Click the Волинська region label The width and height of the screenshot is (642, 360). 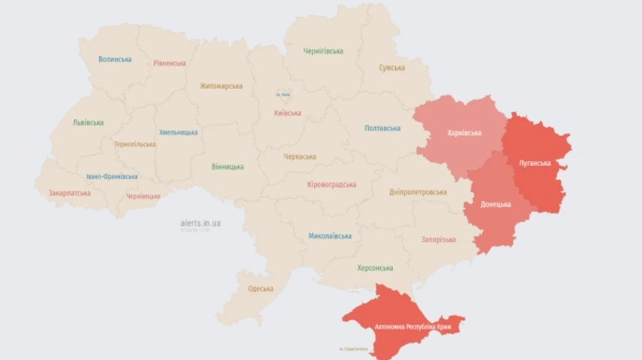(x=115, y=59)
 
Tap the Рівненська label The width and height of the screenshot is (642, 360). (x=170, y=63)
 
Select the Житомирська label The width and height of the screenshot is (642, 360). (x=221, y=86)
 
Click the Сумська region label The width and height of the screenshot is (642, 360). (x=392, y=68)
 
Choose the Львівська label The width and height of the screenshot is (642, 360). (x=88, y=123)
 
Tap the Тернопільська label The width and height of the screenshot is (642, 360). (x=134, y=144)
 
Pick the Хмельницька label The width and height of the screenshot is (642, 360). (x=178, y=132)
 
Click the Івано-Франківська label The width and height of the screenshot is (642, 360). (x=112, y=177)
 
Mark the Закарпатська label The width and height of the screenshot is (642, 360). (x=69, y=193)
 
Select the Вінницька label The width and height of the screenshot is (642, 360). (x=228, y=167)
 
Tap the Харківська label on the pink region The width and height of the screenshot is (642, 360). (x=464, y=133)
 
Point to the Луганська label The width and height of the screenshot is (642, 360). (x=534, y=163)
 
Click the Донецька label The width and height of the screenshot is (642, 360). (x=496, y=204)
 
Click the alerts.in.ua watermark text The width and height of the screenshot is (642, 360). (x=200, y=223)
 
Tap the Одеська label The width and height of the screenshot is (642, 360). (x=260, y=289)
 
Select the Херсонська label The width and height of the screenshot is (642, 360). (x=375, y=268)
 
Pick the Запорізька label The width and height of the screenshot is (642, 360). (x=439, y=240)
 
